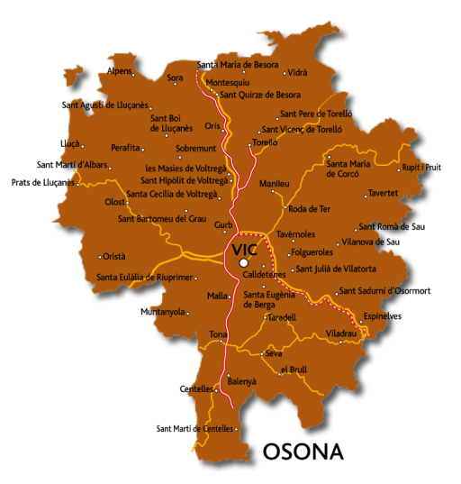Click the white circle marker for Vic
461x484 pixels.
point(243,263)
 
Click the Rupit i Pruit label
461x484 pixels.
point(422,167)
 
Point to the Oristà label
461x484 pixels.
point(114,257)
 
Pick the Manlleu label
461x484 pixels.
point(274,184)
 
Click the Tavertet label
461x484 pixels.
point(384,194)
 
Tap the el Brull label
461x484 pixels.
point(294,370)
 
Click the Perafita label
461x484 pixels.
point(124,147)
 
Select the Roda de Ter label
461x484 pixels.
point(309,209)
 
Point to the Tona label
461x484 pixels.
point(218,334)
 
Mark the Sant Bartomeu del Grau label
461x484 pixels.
point(161,218)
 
